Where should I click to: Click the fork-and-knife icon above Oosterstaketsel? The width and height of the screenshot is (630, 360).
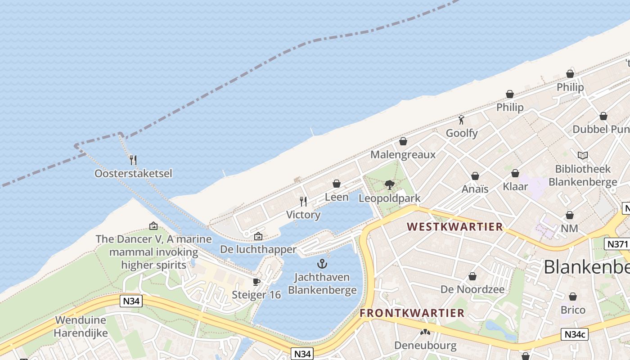point(133,160)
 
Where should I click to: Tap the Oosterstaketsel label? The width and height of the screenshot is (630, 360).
point(133,173)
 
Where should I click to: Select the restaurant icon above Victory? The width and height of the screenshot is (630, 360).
point(303,201)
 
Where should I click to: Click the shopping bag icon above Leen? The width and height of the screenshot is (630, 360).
point(336,184)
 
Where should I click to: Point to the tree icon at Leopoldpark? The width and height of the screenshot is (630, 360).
point(390,184)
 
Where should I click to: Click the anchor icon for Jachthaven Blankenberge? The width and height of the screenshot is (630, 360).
point(322,264)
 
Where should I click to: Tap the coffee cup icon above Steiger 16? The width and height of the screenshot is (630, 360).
point(256,282)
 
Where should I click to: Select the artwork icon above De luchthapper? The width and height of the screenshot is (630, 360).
point(258,236)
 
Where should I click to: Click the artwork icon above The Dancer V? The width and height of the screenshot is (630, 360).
point(153,226)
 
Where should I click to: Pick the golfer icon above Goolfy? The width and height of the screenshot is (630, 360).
point(461,120)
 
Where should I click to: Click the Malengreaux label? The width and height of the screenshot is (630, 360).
point(403,155)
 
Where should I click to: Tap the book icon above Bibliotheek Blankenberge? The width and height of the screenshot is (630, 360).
point(583,156)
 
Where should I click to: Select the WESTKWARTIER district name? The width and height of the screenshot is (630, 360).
point(455,226)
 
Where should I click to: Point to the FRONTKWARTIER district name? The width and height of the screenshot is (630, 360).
point(412,313)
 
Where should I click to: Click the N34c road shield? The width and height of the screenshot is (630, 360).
point(575,334)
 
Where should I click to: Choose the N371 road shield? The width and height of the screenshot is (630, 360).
point(616,244)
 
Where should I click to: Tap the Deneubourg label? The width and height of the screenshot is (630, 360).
point(425,346)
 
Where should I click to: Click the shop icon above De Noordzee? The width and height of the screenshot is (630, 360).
point(472,276)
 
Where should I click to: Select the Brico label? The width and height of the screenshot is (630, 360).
point(573,310)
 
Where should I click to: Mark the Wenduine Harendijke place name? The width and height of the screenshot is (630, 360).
point(81,327)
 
